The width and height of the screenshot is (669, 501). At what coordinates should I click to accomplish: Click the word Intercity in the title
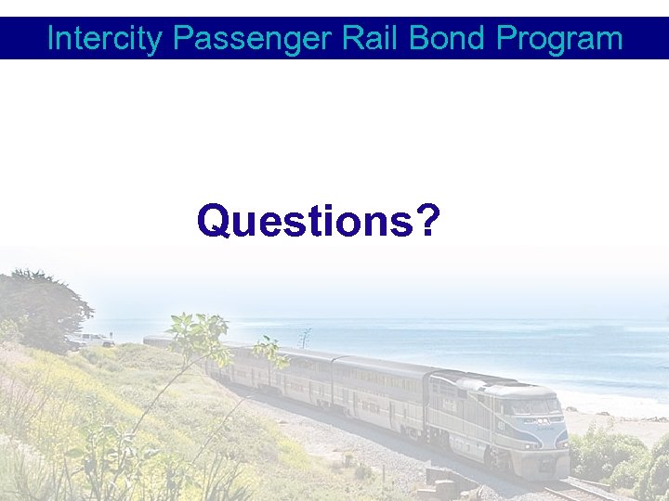pyautogui.click(x=105, y=39)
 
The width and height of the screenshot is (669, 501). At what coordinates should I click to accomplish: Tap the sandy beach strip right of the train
pyautogui.click(x=613, y=422)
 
